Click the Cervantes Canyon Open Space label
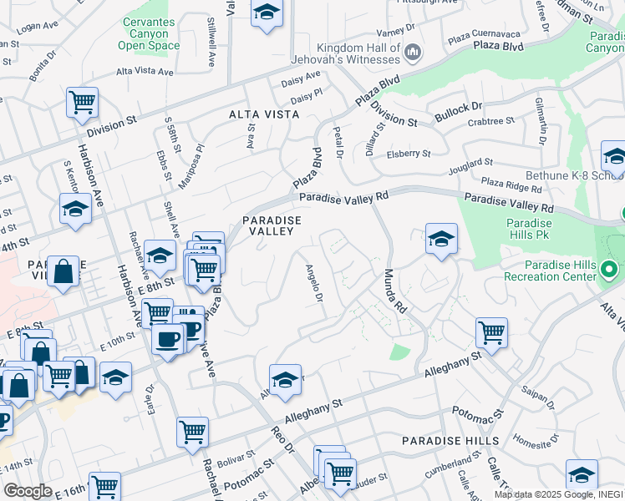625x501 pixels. click(150, 33)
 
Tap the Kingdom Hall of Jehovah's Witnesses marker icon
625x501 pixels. click(412, 53)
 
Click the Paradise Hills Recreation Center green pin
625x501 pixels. click(610, 271)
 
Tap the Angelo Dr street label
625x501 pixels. click(314, 284)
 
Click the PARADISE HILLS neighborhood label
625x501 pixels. click(450, 440)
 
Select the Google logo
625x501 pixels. click(28, 491)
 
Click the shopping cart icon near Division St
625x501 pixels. click(83, 103)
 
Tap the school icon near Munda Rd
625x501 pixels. click(441, 239)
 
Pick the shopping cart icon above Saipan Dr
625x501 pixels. click(492, 332)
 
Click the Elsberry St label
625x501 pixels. click(408, 154)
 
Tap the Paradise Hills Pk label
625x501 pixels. click(530, 230)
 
